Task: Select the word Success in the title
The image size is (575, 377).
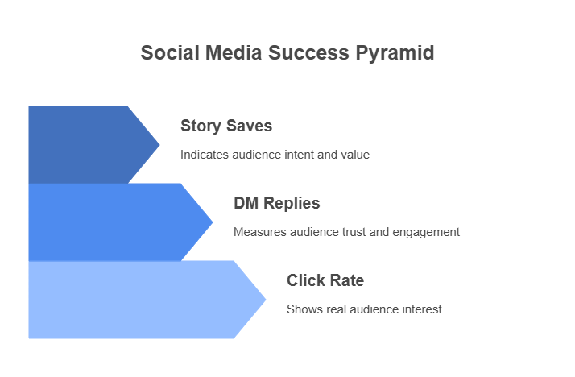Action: (x=308, y=52)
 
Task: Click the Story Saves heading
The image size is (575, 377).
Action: (x=226, y=126)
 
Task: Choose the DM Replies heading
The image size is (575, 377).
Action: (x=277, y=203)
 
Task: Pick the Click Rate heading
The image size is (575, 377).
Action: (x=325, y=280)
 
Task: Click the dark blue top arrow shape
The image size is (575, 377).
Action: (x=88, y=145)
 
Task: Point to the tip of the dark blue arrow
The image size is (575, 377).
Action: (x=159, y=145)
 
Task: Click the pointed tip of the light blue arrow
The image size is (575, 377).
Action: (x=266, y=300)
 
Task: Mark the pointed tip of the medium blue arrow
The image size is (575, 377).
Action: (x=213, y=222)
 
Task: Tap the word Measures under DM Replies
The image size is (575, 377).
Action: (x=260, y=232)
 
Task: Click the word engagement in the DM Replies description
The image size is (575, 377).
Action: (x=426, y=233)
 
